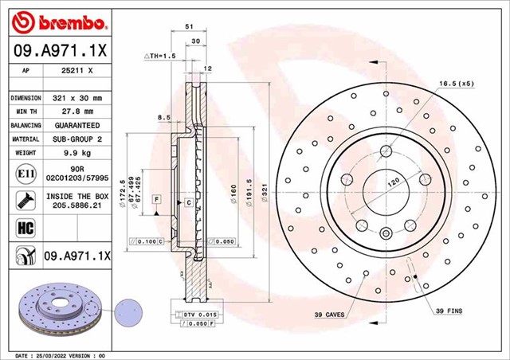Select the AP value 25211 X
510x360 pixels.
coord(77,70)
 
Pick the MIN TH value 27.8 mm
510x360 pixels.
coord(77,112)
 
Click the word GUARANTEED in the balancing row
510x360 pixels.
coord(77,126)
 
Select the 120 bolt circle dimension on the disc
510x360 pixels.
coord(394,182)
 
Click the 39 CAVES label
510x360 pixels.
coord(328,315)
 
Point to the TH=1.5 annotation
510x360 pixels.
coord(159,57)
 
